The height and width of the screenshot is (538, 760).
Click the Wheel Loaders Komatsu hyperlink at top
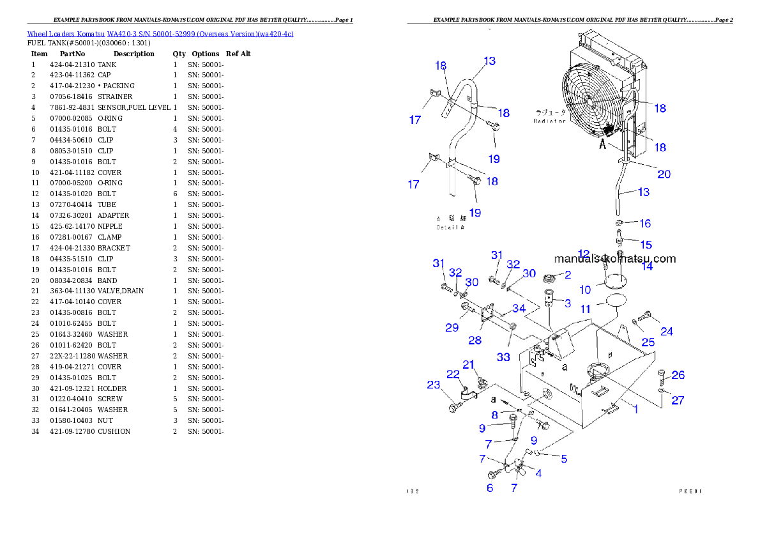[160, 34]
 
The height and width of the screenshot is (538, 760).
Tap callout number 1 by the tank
[636, 409]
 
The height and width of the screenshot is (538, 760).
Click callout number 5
[564, 458]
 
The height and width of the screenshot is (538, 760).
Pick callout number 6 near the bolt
[490, 488]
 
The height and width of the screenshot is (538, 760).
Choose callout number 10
[585, 289]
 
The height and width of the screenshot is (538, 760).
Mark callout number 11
[586, 309]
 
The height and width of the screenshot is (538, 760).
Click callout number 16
[645, 223]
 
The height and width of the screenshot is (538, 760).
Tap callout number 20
[664, 174]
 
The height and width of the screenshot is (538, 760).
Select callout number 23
[434, 385]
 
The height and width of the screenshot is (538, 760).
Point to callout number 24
[666, 331]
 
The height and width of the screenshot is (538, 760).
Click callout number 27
[678, 400]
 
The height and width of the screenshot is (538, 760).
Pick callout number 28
[475, 341]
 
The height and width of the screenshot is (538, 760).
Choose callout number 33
[503, 357]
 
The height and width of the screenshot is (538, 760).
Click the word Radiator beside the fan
[550, 121]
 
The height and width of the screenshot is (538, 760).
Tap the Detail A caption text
[451, 227]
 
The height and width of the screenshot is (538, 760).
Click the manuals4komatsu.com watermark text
[614, 259]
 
